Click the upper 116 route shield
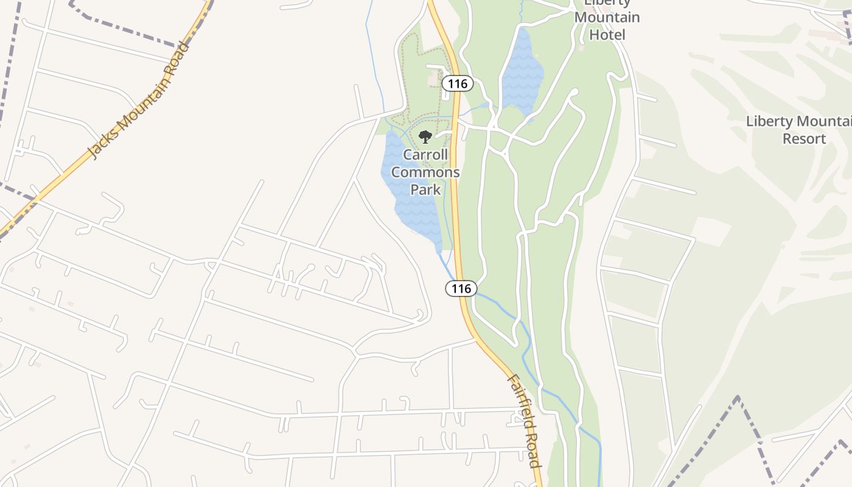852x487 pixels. pos(457,83)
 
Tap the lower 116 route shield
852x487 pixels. pos(461,289)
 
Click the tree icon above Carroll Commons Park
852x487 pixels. pos(425,137)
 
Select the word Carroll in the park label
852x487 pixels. pos(425,155)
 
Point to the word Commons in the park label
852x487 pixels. pos(425,172)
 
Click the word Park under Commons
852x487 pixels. pos(425,189)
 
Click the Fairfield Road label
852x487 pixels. pos(524,420)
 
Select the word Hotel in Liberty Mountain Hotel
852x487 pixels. pos(607,35)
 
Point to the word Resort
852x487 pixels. pos(804,139)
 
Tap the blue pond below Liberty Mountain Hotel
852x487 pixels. pos(521,76)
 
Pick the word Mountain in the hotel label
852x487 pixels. pos(607,18)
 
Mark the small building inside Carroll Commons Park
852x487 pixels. pos(435,80)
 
